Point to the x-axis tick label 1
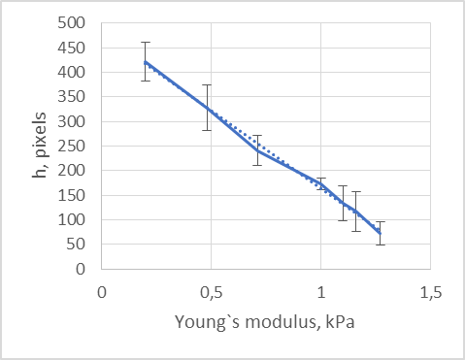pos(321,292)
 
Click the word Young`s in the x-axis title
pos(202,321)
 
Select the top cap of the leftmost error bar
pos(146,43)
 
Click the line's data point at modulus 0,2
pos(146,62)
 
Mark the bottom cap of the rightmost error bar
pos(380,245)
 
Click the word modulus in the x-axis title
pos(275,321)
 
